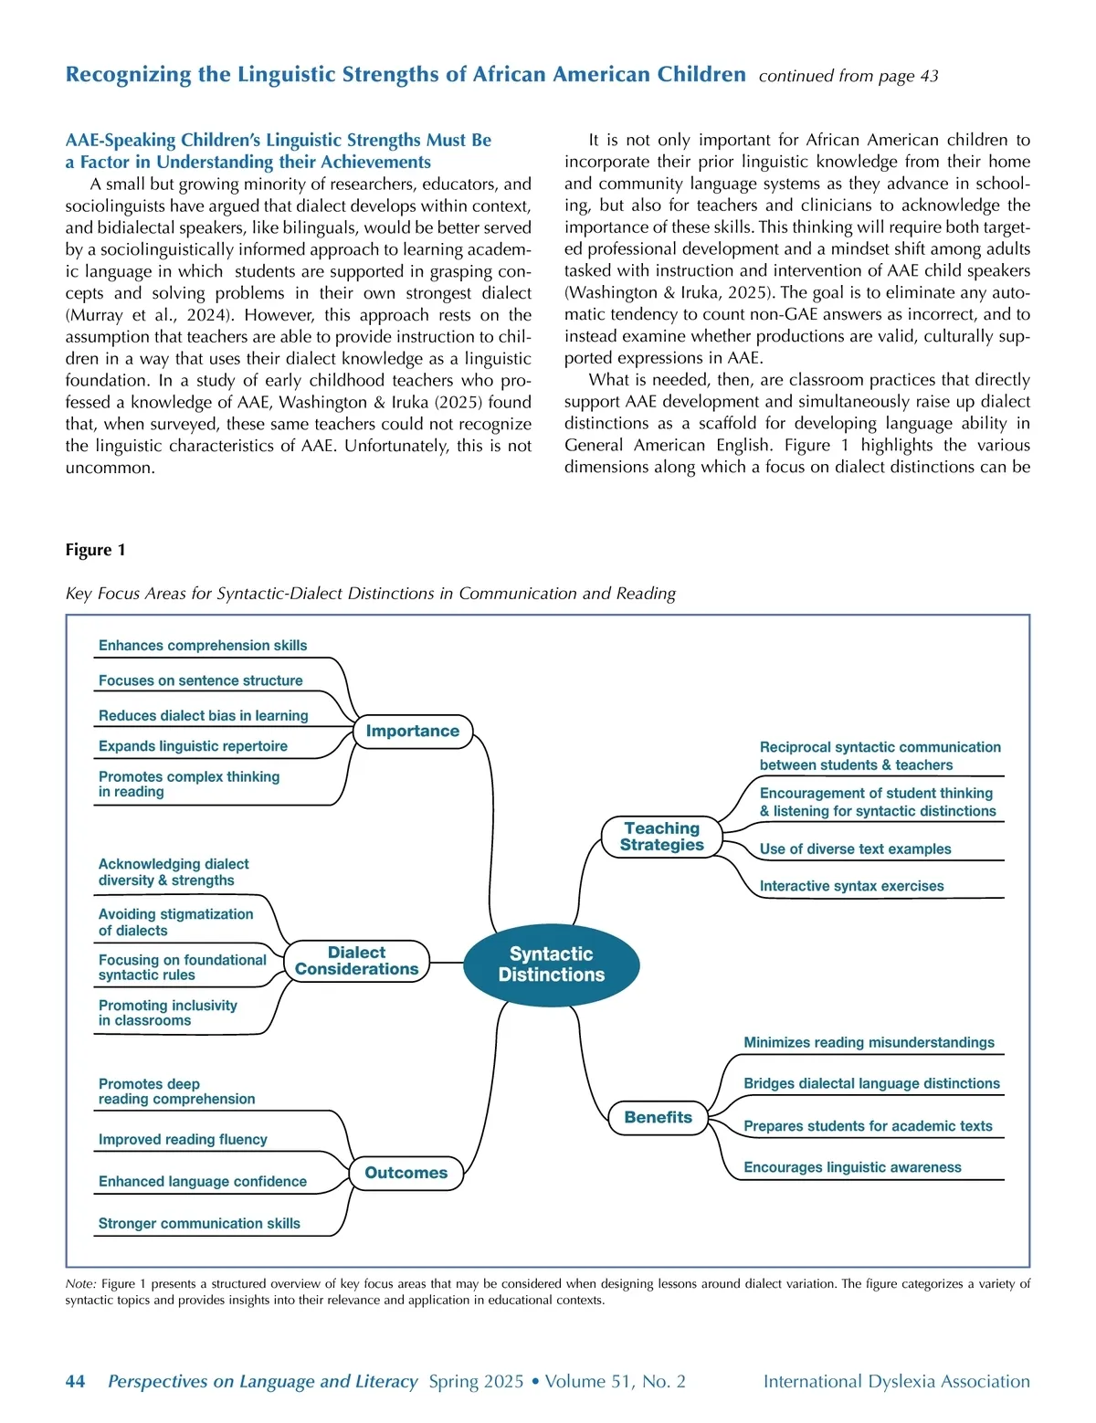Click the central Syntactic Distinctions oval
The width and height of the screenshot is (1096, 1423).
[551, 964]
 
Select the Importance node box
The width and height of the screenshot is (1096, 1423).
[413, 731]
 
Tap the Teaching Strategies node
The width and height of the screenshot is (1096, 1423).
[661, 837]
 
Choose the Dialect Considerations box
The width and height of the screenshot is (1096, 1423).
[356, 961]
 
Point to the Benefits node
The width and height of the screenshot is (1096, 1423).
[658, 1117]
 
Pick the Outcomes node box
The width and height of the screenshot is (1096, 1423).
[406, 1173]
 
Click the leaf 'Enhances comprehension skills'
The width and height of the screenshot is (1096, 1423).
[203, 646]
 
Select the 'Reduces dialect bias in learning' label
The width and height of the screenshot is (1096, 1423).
[203, 716]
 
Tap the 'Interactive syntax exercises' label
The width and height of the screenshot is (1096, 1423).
[851, 886]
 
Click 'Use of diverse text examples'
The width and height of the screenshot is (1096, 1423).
[855, 849]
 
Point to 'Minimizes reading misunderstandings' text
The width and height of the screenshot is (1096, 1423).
[869, 1043]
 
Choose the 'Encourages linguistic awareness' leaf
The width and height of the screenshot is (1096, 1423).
[852, 1167]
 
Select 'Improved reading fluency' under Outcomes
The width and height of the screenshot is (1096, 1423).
[183, 1140]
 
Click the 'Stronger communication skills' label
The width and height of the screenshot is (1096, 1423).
[199, 1224]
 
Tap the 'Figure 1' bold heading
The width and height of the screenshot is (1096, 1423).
[95, 550]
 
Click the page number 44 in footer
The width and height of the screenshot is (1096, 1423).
[75, 1382]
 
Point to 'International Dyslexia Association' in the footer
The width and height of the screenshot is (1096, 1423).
[896, 1382]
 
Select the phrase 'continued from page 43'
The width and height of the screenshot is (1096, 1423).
[848, 76]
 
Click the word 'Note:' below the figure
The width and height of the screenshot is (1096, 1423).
[80, 1284]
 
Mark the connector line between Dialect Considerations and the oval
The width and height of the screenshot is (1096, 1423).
[447, 962]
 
